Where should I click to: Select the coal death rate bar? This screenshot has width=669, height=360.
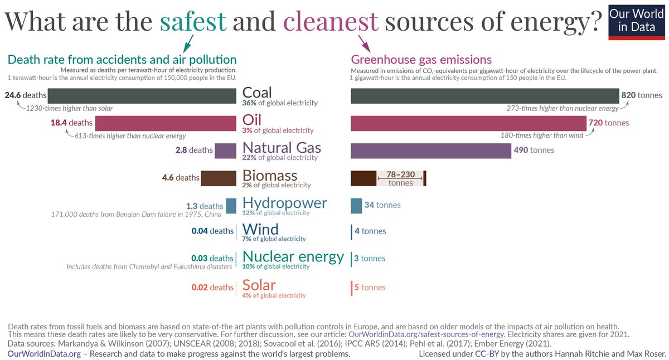coord(142,95)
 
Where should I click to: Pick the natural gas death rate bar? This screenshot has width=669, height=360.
coord(225,150)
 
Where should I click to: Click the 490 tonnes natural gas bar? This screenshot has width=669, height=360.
coord(430,150)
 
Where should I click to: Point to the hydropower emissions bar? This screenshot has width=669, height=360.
coord(356,205)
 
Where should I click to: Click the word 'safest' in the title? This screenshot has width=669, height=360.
coord(193,21)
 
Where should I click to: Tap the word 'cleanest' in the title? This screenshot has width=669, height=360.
coord(331,21)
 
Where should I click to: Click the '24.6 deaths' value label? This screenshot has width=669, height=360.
coord(26,95)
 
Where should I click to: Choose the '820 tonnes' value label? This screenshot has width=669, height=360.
coord(642,95)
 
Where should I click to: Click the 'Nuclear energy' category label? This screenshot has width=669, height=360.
coord(293,256)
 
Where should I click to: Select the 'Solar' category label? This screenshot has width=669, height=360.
coord(259,285)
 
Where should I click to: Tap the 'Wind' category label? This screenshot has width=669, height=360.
coord(260,229)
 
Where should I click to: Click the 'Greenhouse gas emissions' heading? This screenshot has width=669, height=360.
coord(421,60)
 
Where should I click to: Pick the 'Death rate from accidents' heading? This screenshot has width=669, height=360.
coord(122,60)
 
